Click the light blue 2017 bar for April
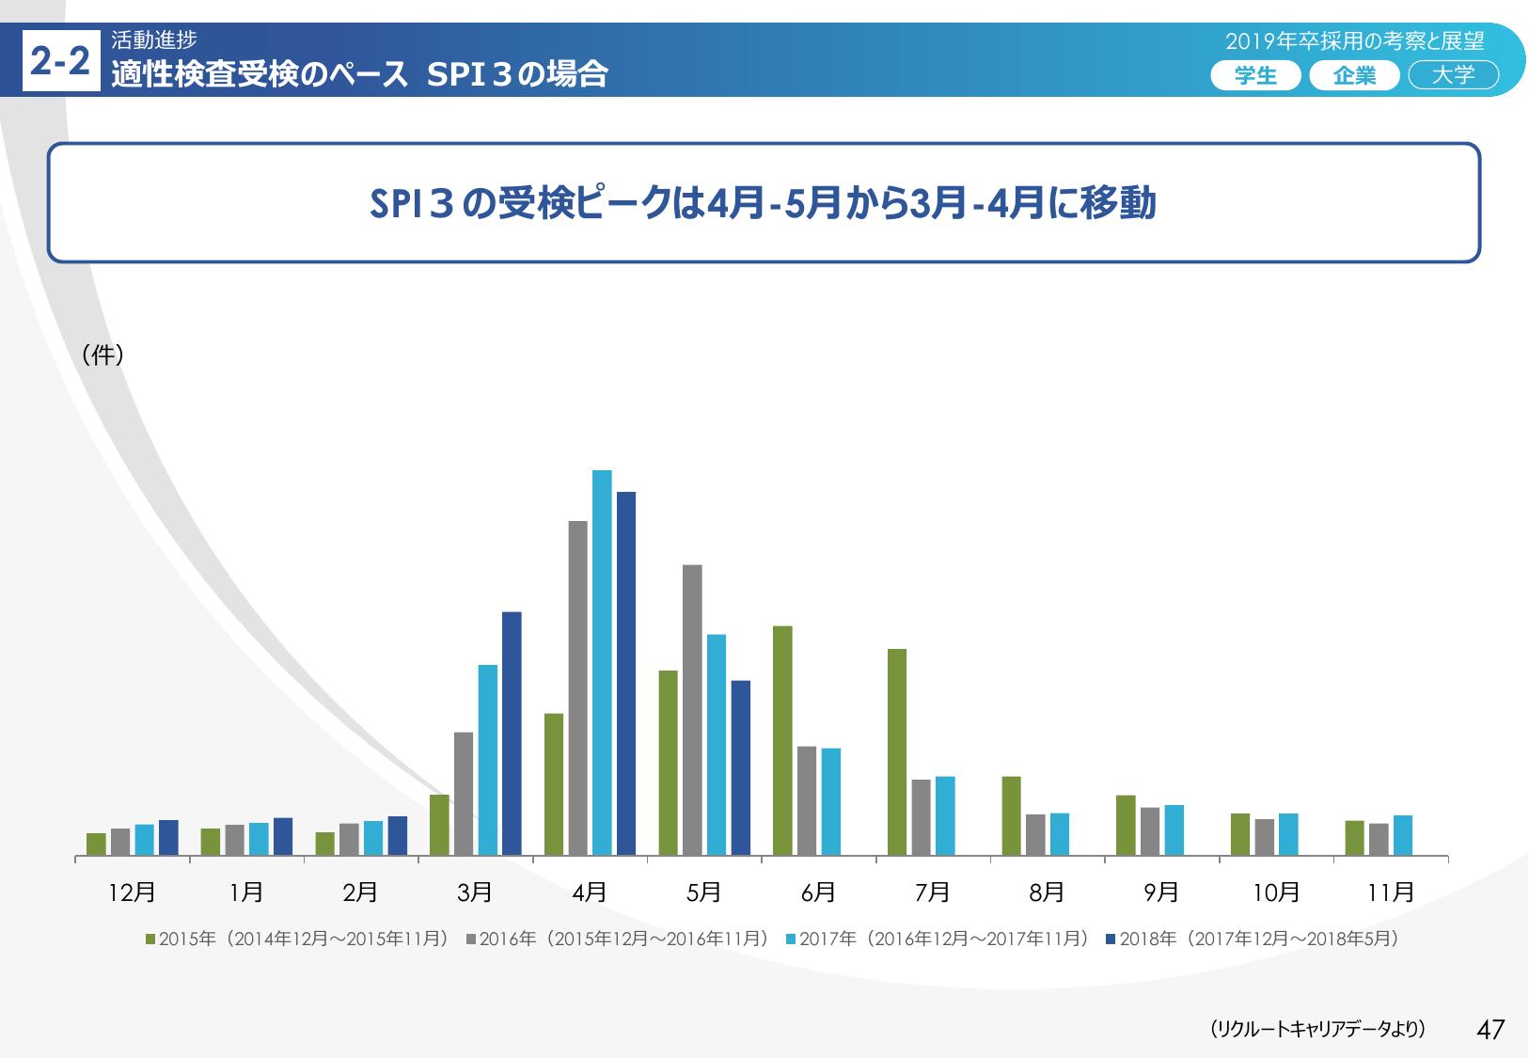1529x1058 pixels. (602, 662)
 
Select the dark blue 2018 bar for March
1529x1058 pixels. (512, 734)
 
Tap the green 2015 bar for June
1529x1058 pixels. (782, 740)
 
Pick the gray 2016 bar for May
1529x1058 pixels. (692, 710)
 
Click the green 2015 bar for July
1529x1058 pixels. (897, 752)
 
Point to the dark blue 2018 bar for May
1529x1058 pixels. (741, 767)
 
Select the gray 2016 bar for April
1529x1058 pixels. (578, 687)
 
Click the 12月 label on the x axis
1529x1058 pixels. (133, 892)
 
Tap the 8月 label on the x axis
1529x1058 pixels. (1047, 892)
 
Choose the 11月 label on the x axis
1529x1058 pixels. (1391, 892)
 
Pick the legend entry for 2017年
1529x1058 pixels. (937, 939)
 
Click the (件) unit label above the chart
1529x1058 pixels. (102, 355)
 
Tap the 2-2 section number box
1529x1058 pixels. (61, 62)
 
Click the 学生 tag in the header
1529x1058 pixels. (1255, 76)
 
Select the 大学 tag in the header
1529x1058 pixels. (1453, 76)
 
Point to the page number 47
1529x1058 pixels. (1490, 1029)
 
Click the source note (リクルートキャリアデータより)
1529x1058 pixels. (1317, 1029)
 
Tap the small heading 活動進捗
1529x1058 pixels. (153, 39)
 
